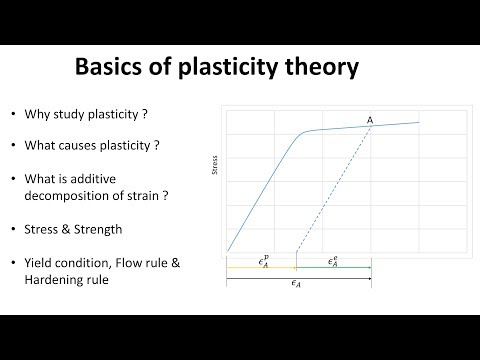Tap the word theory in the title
[x=319, y=69]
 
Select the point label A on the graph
[x=370, y=120]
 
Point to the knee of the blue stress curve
[x=299, y=133]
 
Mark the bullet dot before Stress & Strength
[x=14, y=229]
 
